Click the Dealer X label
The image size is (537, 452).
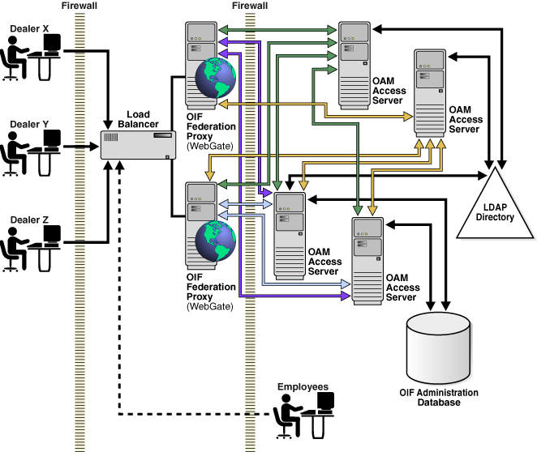click(x=29, y=28)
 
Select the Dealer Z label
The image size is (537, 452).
click(x=29, y=220)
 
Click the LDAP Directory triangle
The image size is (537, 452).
click(x=495, y=207)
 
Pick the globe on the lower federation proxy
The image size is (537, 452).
click(x=215, y=242)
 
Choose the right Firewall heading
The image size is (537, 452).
click(x=250, y=6)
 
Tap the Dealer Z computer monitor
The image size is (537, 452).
click(x=51, y=235)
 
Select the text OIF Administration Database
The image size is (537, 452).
click(x=439, y=398)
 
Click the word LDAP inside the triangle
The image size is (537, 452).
click(x=495, y=207)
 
